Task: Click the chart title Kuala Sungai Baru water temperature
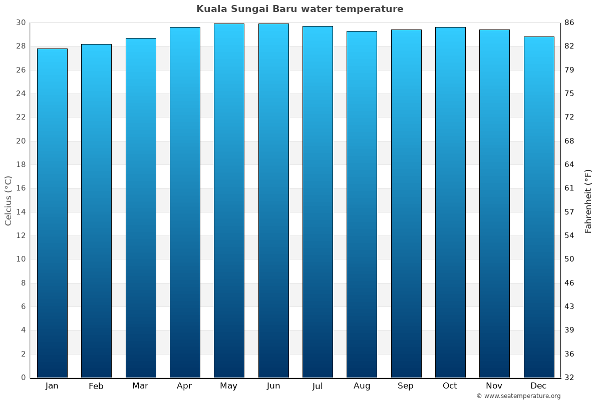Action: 299,9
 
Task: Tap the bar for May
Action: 229,200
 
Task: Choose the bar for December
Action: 539,207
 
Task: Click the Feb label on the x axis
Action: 96,386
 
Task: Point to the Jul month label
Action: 318,386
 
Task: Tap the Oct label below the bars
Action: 450,386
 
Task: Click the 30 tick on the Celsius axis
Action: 21,22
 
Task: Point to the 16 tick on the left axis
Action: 21,188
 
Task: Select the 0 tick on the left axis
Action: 23,377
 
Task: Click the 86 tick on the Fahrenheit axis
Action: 569,22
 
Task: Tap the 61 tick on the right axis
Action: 569,188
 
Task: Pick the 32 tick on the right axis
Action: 569,377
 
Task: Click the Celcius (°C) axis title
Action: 8,200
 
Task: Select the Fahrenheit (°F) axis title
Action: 588,200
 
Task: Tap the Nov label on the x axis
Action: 494,386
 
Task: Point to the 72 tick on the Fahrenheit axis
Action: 569,117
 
